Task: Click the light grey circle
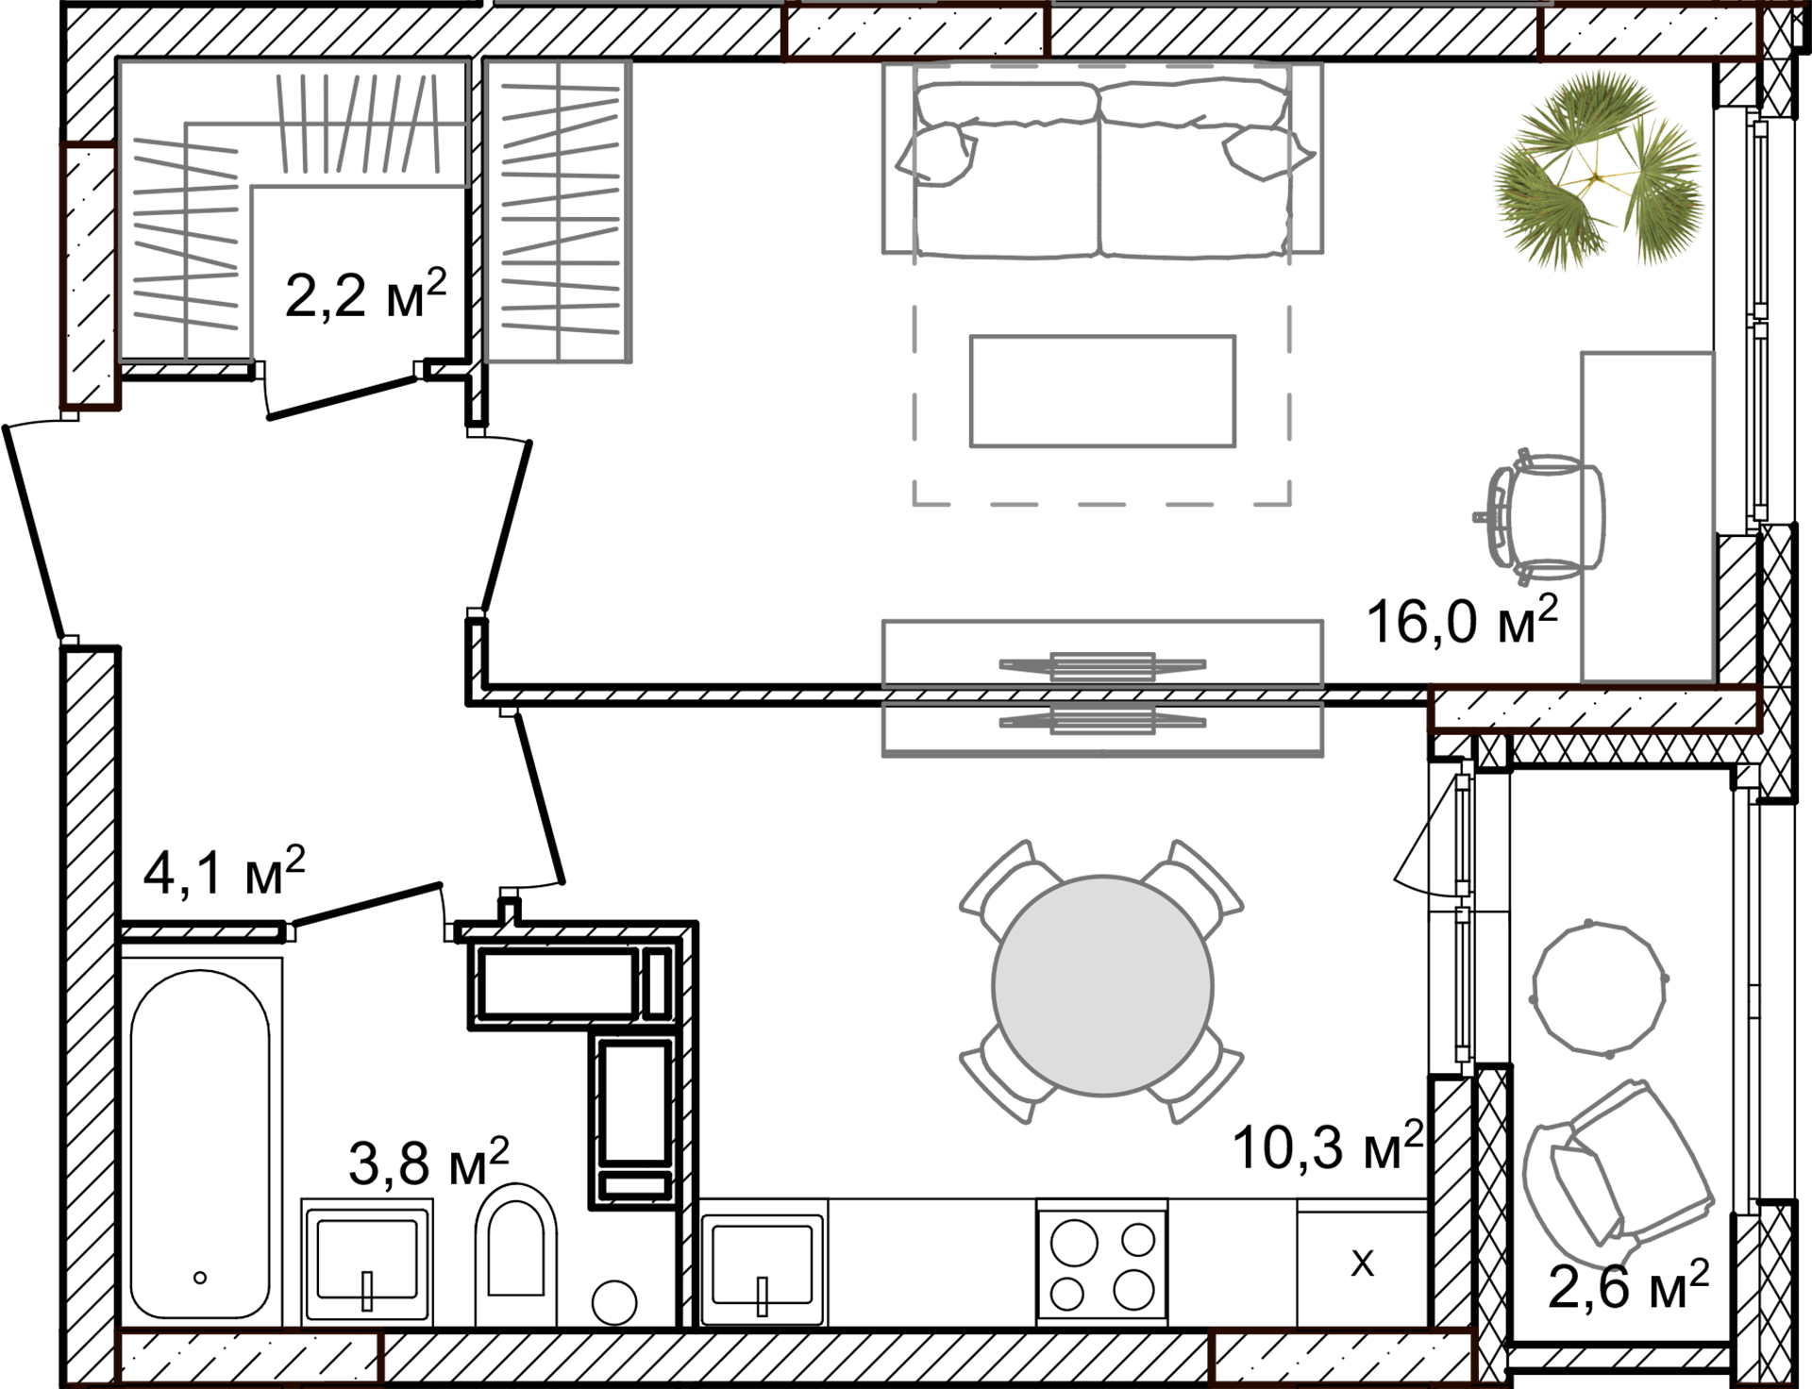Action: (1102, 986)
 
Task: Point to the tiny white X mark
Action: (1797, 16)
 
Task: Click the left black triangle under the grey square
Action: (153, 348)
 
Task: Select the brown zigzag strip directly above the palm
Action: (1652, 38)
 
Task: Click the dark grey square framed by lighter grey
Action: (1102, 377)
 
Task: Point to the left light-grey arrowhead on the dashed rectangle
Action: (913, 156)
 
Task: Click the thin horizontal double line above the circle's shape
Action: (1102, 694)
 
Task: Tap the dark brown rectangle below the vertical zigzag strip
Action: (120, 453)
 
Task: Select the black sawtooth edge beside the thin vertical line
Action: (495, 217)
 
